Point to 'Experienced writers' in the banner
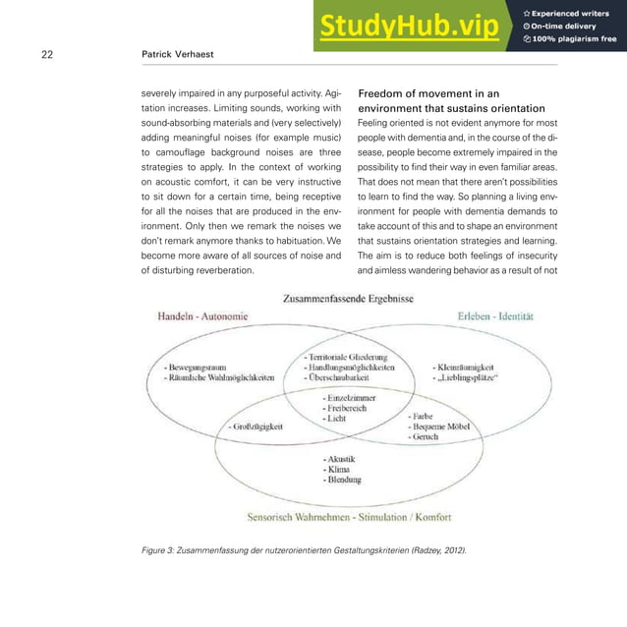point(572,12)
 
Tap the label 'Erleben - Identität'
point(495,315)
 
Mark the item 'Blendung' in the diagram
point(341,480)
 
